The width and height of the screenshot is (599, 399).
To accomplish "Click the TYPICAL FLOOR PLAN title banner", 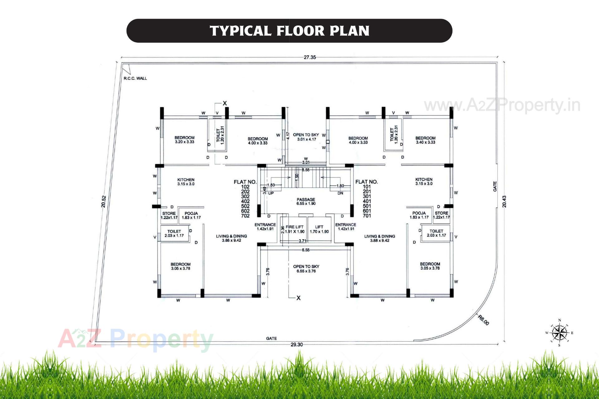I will click(289, 31).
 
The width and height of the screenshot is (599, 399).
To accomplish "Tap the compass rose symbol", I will click(559, 333).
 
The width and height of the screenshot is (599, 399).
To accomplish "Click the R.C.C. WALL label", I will click(135, 78).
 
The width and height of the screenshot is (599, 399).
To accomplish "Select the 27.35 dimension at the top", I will click(310, 57).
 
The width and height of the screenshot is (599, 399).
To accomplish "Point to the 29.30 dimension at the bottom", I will click(296, 344).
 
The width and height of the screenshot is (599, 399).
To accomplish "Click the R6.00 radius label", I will click(484, 320).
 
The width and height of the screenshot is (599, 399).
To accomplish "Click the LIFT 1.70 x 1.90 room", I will click(319, 229).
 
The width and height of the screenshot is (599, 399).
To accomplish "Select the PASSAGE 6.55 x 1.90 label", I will click(306, 201).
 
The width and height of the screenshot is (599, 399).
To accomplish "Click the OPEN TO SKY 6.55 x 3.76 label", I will click(306, 269).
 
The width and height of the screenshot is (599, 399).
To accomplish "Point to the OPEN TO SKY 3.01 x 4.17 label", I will click(306, 137).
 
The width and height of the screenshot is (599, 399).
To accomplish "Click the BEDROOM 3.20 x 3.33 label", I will click(184, 139).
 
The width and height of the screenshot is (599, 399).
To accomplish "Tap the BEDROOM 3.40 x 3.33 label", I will click(425, 140).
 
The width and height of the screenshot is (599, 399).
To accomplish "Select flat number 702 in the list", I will click(245, 216).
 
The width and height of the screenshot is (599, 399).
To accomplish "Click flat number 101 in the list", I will click(367, 187).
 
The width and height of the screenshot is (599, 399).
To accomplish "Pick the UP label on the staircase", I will click(271, 193).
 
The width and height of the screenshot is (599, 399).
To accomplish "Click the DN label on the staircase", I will click(340, 193).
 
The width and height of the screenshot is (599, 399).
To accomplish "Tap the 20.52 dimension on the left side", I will click(104, 202).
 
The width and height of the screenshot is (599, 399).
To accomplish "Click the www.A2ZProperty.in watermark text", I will click(502, 105).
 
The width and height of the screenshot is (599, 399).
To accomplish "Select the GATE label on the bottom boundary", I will click(271, 338).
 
